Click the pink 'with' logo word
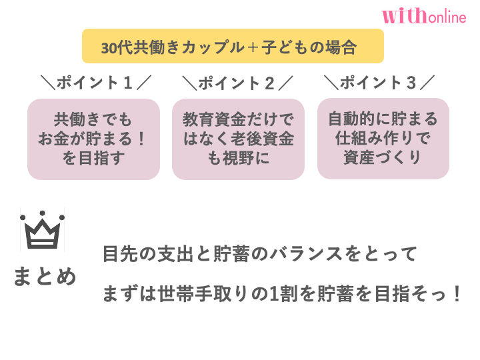pyautogui.click(x=403, y=16)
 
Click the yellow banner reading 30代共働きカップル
pyautogui.click(x=233, y=47)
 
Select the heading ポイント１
pyautogui.click(x=96, y=83)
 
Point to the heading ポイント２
pyautogui.click(x=238, y=83)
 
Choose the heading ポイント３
pyautogui.click(x=379, y=83)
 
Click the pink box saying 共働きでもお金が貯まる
pyautogui.click(x=93, y=139)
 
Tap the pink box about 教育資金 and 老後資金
pyautogui.click(x=238, y=139)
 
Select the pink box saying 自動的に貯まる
pyautogui.click(x=383, y=139)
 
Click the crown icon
pyautogui.click(x=42, y=230)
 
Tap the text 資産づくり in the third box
pyautogui.click(x=383, y=158)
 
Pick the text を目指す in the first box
pyautogui.click(x=93, y=159)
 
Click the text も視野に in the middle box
pyautogui.click(x=238, y=159)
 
